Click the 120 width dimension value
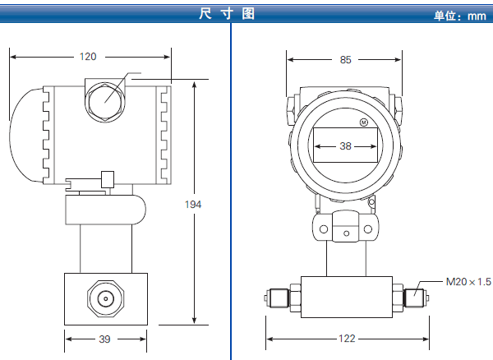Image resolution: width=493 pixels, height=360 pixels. pyautogui.click(x=88, y=57)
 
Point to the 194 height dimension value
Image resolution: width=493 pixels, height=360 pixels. pyautogui.click(x=193, y=204)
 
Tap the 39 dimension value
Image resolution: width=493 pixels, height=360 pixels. pyautogui.click(x=104, y=338)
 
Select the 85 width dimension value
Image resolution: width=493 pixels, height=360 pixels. pyautogui.click(x=345, y=59)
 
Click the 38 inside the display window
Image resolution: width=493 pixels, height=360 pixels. pyautogui.click(x=345, y=146)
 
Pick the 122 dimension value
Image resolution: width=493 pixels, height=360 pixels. pyautogui.click(x=345, y=338)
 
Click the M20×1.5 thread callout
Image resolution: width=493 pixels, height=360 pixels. pyautogui.click(x=468, y=282)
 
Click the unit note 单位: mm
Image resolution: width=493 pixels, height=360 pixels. pyautogui.click(x=460, y=16)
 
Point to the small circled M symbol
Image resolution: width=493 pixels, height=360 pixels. pyautogui.click(x=363, y=123)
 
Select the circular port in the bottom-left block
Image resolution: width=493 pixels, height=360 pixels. pyautogui.click(x=104, y=298)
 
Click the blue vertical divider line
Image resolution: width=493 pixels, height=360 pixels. pyautogui.click(x=231, y=189)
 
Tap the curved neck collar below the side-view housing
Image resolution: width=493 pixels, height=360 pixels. pyautogui.click(x=105, y=210)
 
